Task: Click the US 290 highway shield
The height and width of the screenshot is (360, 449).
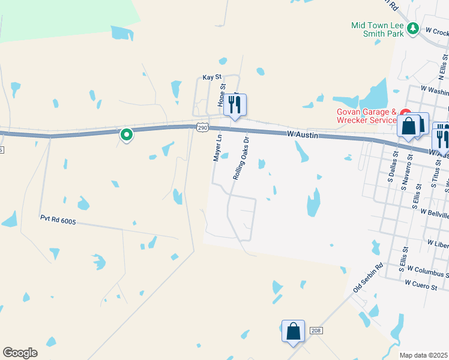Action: [x=202, y=127]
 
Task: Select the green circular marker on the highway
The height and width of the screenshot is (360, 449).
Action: [x=126, y=135]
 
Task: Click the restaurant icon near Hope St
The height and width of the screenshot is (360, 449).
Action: [x=235, y=105]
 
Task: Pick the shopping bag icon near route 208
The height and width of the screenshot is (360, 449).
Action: [x=293, y=331]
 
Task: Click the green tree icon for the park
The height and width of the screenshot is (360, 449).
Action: [x=412, y=28]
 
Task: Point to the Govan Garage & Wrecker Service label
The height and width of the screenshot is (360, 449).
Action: [x=366, y=116]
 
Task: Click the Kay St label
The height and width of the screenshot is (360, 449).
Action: [x=212, y=77]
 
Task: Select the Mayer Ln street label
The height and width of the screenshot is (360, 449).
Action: [x=217, y=148]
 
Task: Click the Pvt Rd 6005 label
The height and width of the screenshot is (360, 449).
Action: [x=58, y=220]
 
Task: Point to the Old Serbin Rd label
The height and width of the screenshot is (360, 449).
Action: [x=368, y=279]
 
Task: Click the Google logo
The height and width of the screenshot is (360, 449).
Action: [x=20, y=353]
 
